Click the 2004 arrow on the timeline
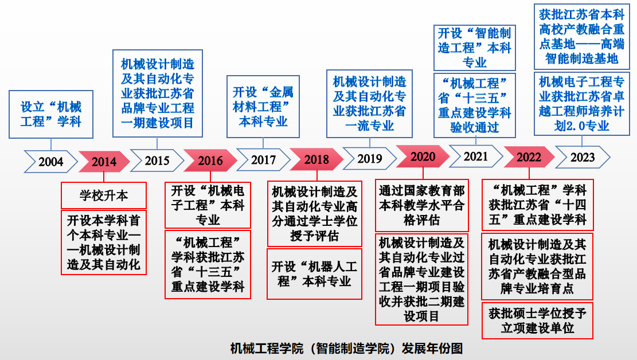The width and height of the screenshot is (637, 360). pyautogui.click(x=50, y=162)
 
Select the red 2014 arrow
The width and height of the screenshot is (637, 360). pyautogui.click(x=104, y=162)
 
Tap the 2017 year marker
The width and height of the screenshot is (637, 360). pyautogui.click(x=263, y=160)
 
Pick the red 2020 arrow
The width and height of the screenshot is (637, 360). pyautogui.click(x=423, y=156)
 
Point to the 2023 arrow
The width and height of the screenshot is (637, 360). pyautogui.click(x=582, y=157)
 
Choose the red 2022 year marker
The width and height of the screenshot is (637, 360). pyautogui.click(x=529, y=157)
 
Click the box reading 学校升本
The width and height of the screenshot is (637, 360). pyautogui.click(x=104, y=195)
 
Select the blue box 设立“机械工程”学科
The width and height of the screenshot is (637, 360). pyautogui.click(x=51, y=114)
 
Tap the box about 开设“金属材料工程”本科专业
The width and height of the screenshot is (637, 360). pyautogui.click(x=263, y=107)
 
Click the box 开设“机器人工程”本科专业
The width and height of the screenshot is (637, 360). pyautogui.click(x=314, y=274)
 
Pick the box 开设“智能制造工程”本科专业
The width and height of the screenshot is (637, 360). pyautogui.click(x=475, y=48)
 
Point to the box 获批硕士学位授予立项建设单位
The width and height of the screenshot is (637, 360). pyautogui.click(x=537, y=320)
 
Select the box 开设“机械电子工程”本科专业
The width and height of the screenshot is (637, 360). pyautogui.click(x=208, y=205)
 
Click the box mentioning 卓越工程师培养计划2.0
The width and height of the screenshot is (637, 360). pyautogui.click(x=582, y=104)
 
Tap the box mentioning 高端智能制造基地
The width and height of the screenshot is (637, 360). pyautogui.click(x=582, y=37)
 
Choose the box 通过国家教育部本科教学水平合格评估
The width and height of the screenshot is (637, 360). pyautogui.click(x=421, y=205)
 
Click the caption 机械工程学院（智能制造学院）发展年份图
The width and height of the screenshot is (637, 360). pyautogui.click(x=346, y=348)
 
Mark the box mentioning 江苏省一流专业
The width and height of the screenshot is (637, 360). pyautogui.click(x=369, y=104)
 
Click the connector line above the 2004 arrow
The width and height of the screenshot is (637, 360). pyautogui.click(x=51, y=144)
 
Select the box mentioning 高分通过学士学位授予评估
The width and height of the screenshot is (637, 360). pyautogui.click(x=314, y=214)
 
